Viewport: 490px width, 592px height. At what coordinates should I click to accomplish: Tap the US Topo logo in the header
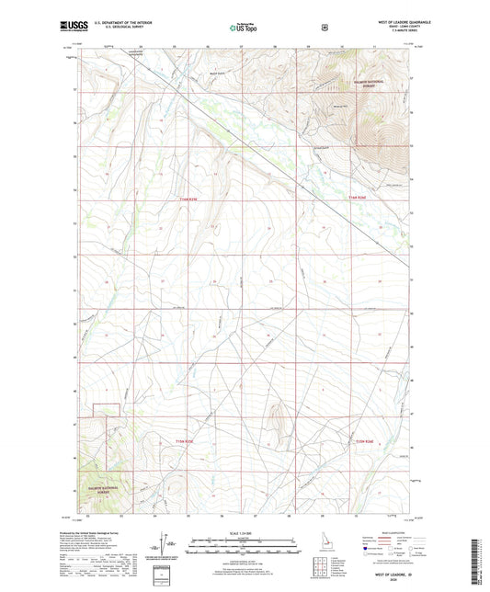pos(244,28)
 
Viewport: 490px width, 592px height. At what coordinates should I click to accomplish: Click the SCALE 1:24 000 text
pos(244,533)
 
